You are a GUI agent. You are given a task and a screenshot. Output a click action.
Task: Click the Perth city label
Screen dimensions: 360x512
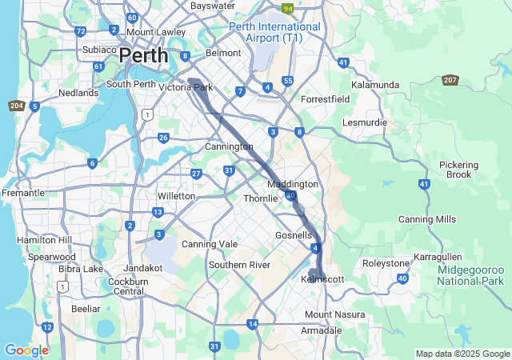point(144,56)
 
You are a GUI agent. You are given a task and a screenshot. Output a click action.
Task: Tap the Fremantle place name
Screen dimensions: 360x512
point(23,193)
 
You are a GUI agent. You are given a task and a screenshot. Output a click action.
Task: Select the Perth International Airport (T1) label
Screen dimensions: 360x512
point(274,32)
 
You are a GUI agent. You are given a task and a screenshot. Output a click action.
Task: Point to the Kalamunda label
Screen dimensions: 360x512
point(374,84)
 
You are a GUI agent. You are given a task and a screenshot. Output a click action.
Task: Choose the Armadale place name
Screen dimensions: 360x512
point(321,330)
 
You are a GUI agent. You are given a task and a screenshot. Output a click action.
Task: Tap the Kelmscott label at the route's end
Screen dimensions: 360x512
point(322,279)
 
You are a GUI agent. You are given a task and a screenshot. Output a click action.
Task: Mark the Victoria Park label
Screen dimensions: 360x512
point(186,87)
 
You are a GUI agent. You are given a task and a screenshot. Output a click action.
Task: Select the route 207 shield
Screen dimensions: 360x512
point(450,80)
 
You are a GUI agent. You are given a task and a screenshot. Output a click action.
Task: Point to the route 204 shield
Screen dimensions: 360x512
point(16,106)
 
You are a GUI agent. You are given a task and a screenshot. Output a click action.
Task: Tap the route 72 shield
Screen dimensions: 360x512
point(80,31)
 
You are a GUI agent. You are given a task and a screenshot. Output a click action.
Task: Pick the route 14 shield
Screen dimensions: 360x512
point(253,324)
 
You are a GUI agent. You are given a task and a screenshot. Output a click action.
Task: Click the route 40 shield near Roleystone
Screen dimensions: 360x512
point(402,278)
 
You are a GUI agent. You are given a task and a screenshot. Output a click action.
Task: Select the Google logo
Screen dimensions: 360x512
point(26,350)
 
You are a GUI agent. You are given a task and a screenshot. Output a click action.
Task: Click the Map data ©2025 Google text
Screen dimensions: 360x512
point(462,354)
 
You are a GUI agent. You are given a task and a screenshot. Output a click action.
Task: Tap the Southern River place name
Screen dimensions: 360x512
point(241,265)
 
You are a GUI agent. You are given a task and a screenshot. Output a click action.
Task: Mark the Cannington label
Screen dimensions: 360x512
point(229,146)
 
